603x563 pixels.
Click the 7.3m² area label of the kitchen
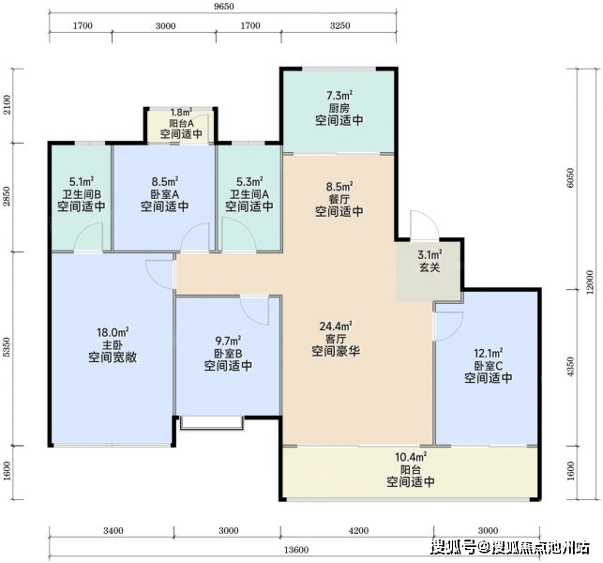tap(339, 95)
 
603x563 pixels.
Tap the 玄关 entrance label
tap(430, 267)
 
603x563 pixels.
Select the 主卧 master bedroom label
tap(113, 344)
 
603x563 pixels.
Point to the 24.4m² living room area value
tap(336, 327)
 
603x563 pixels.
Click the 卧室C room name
tap(488, 365)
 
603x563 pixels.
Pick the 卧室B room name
tap(228, 353)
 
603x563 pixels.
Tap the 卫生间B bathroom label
tap(82, 193)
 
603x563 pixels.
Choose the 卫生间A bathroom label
tap(249, 193)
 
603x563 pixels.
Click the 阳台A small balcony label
tap(181, 124)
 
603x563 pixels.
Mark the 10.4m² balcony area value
tap(411, 457)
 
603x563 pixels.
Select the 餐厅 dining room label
tap(339, 199)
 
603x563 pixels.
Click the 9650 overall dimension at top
tap(222, 7)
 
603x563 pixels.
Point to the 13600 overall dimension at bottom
tap(296, 550)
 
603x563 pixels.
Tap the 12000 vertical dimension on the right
tap(591, 281)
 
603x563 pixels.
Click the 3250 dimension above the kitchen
tap(340, 25)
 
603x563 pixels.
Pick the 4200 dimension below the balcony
tap(358, 531)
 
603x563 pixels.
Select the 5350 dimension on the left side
tap(7, 347)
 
